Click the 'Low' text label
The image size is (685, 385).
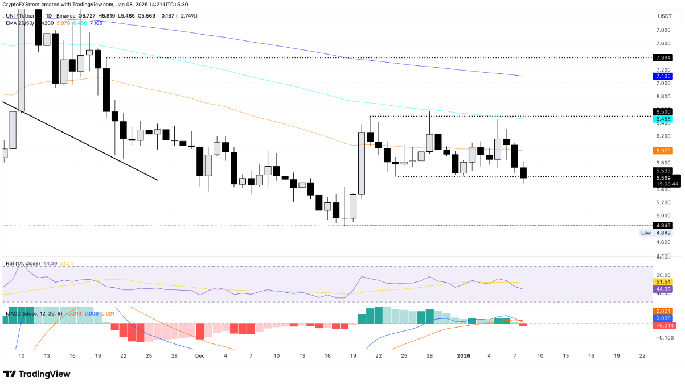click(x=646, y=233)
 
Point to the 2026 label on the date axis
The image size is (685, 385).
click(x=465, y=355)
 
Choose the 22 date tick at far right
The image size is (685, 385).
click(x=642, y=355)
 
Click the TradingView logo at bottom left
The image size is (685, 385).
click(x=37, y=374)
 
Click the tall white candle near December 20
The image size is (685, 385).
click(x=362, y=163)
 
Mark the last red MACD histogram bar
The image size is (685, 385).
click(x=524, y=325)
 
